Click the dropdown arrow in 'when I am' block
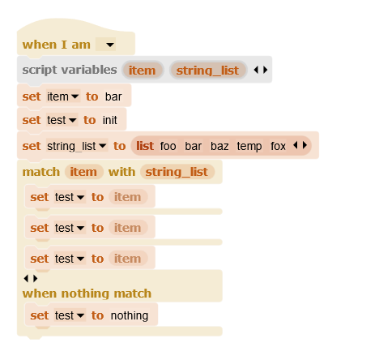pos(110,45)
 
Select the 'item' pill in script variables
pos(143,71)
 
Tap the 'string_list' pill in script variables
pos(207,71)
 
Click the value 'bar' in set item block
pos(113,96)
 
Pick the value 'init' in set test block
pos(110,120)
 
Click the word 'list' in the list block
pos(145,146)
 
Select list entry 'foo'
pos(168,146)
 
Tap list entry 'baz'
pos(219,146)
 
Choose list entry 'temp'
pos(249,146)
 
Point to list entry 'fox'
pos(278,146)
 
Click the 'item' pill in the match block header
pos(83,172)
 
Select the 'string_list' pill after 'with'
pos(177,172)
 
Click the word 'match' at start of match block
pos(41,172)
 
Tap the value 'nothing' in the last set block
pos(130,315)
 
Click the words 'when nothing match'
pos(87,294)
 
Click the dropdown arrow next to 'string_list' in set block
pos(103,146)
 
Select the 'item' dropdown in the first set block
pos(63,96)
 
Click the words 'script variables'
pos(70,70)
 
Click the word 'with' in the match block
pos(121,172)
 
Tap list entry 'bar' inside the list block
pos(194,146)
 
